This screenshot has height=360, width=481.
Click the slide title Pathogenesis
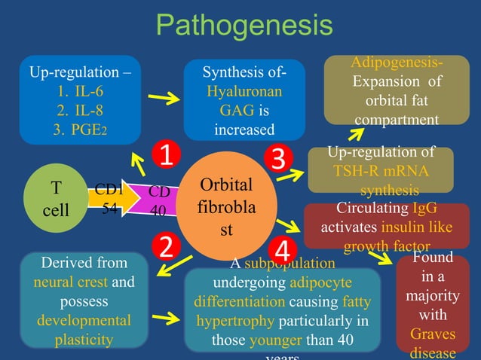(244, 26)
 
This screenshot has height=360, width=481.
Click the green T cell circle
(56, 197)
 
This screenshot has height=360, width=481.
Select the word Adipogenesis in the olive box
(397, 63)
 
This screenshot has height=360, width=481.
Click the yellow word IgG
(424, 209)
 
